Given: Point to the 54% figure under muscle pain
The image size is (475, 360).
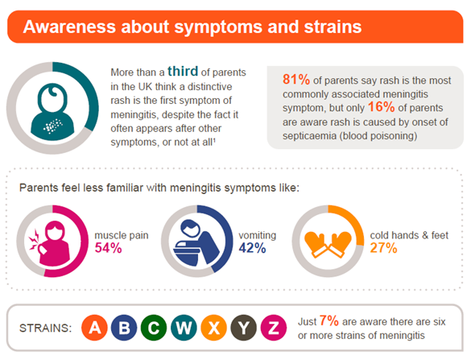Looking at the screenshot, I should click(x=108, y=248).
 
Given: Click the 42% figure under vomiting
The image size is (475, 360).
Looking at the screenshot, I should click(x=252, y=248).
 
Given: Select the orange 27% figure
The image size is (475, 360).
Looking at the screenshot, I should click(x=383, y=248).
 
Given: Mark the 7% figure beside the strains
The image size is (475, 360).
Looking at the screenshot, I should click(x=328, y=321).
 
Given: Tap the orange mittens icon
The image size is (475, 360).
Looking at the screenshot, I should click(x=330, y=240).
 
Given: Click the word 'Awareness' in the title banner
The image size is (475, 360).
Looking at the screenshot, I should click(x=70, y=27).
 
